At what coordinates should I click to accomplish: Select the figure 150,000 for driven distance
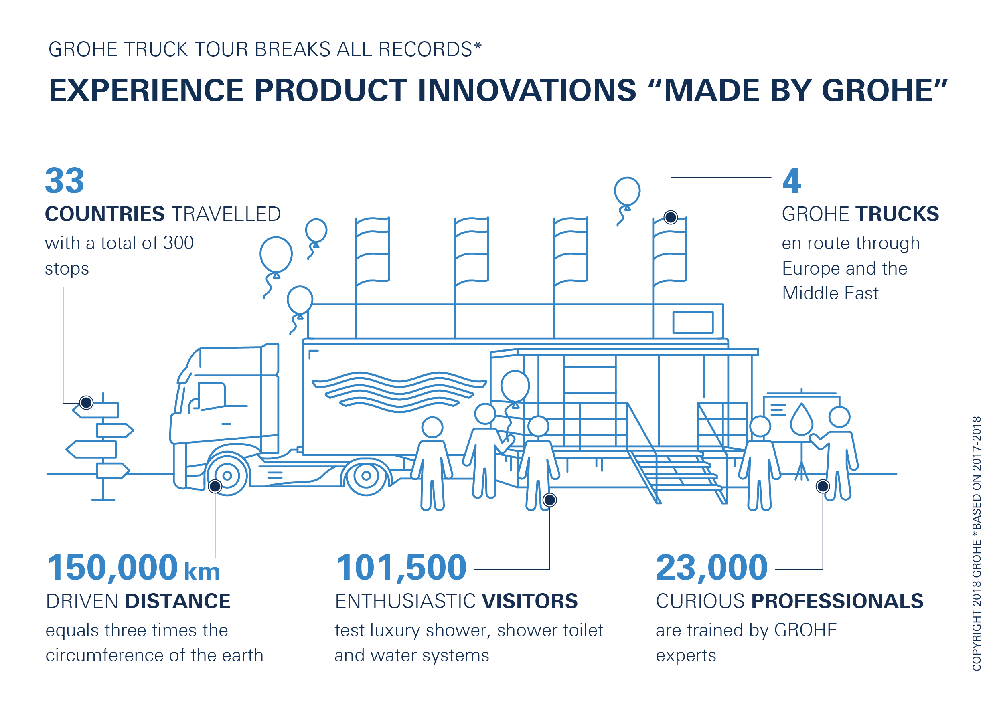pyautogui.click(x=112, y=567)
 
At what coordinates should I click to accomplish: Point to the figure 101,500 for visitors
pyautogui.click(x=401, y=567)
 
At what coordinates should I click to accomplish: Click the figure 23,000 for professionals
pyautogui.click(x=711, y=567)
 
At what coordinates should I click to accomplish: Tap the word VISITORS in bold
pyautogui.click(x=529, y=601)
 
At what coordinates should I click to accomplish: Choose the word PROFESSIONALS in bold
pyautogui.click(x=837, y=601)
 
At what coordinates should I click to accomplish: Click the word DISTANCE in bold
pyautogui.click(x=178, y=601)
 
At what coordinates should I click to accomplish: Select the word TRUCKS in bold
pyautogui.click(x=897, y=214)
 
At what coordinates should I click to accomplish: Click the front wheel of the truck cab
pyautogui.click(x=227, y=475)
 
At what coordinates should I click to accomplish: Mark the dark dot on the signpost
pyautogui.click(x=86, y=403)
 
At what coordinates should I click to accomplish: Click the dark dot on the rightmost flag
pyautogui.click(x=671, y=217)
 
